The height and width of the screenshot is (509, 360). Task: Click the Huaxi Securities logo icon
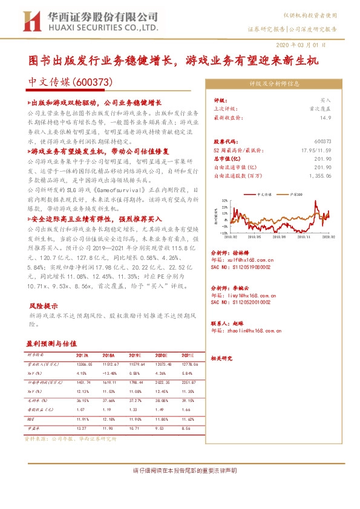click(31, 22)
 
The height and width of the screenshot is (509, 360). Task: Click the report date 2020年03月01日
click(301, 45)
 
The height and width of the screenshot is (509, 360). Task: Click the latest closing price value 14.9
click(326, 118)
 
